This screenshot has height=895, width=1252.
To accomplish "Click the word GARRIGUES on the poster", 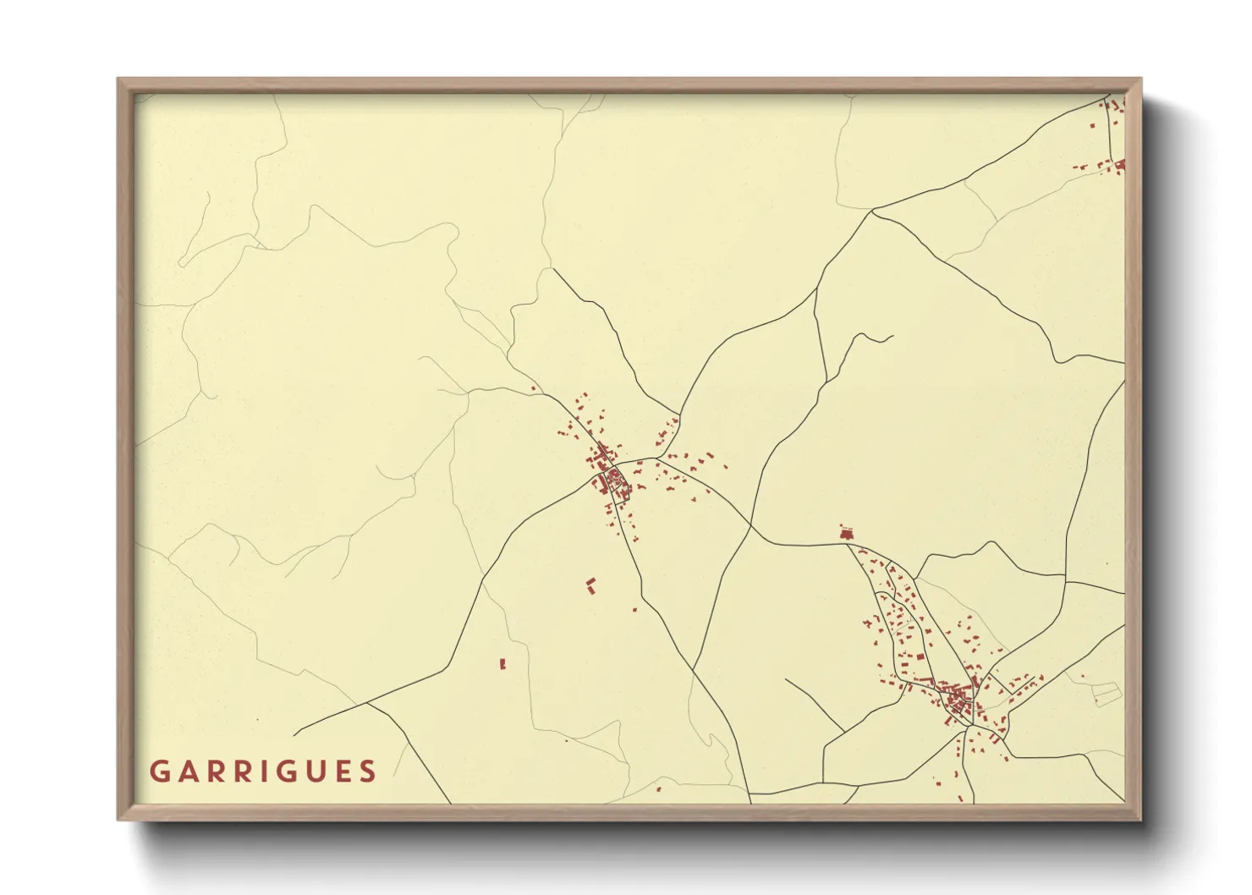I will click(263, 771).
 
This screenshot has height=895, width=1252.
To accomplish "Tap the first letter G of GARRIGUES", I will click(158, 771).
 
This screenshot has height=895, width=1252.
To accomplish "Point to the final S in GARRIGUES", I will click(367, 771).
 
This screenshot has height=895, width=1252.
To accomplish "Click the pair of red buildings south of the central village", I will click(591, 585).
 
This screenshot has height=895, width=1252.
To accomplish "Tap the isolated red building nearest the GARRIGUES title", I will click(502, 664).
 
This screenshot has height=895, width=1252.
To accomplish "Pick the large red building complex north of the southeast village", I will click(847, 533).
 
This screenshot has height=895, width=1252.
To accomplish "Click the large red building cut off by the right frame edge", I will click(1120, 165).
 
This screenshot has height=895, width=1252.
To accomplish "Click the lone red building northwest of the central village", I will click(533, 389).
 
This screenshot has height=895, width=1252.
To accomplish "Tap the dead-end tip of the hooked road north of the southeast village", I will click(892, 337).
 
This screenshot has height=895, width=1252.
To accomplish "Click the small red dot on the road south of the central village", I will click(634, 609).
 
